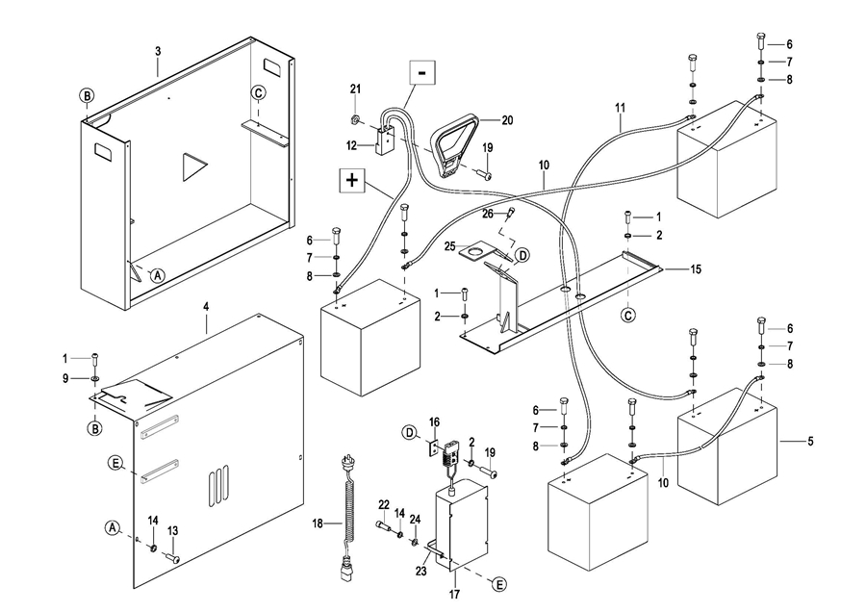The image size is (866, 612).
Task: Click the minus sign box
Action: pos(422,72)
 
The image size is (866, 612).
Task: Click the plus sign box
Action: pos(351,180)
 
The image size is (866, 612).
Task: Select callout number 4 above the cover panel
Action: pos(206,306)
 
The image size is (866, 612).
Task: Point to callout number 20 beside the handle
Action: pos(508,120)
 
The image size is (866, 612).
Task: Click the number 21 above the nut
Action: pos(354,89)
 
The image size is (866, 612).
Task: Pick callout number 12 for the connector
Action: pos(352,145)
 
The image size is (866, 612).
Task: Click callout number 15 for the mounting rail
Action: pos(696,269)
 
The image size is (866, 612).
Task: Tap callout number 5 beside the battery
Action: pos(809,442)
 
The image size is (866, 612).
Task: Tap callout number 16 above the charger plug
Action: pos(434,421)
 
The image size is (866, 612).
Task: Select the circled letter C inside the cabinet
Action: pos(258,93)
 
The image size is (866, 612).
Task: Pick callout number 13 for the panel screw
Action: pos(173,530)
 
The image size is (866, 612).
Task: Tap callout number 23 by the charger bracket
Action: pos(420,569)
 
